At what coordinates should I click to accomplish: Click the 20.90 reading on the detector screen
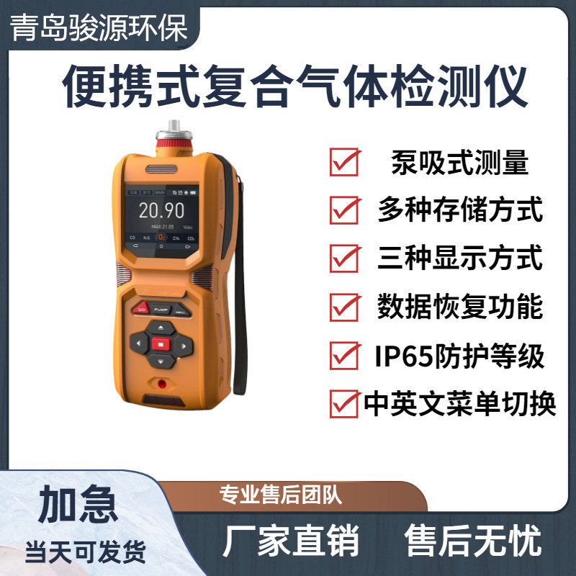pyautogui.click(x=161, y=210)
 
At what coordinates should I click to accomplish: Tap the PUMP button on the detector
pyautogui.click(x=161, y=308)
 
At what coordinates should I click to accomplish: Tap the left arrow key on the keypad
pyautogui.click(x=138, y=343)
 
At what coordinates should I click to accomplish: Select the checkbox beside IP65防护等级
pyautogui.click(x=343, y=355)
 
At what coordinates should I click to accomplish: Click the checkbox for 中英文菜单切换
pyautogui.click(x=343, y=402)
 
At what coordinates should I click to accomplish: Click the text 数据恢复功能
pyautogui.click(x=459, y=307)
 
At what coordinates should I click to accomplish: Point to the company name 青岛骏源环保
pyautogui.click(x=99, y=29)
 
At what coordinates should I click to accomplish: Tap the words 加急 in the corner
pyautogui.click(x=78, y=503)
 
